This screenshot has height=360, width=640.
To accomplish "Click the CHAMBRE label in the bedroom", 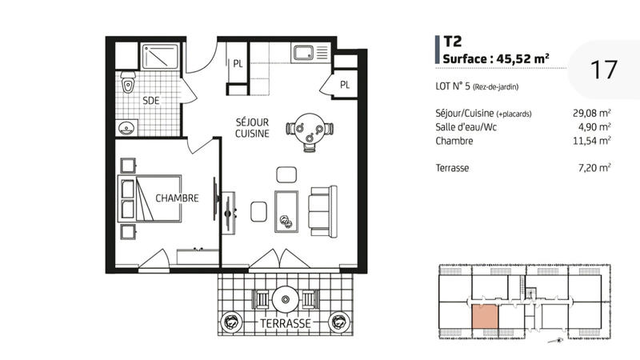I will pos(177,198).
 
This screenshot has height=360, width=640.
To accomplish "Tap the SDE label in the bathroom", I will pos(150,101).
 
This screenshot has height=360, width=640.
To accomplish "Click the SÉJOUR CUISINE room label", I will pos(251,128).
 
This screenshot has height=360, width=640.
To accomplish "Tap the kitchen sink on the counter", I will pos(306,54).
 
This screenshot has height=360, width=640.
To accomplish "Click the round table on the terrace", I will pos(286,299).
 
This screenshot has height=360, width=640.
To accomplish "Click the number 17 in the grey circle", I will pos(603,70).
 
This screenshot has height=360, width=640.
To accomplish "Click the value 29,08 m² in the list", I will pos(594,113).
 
